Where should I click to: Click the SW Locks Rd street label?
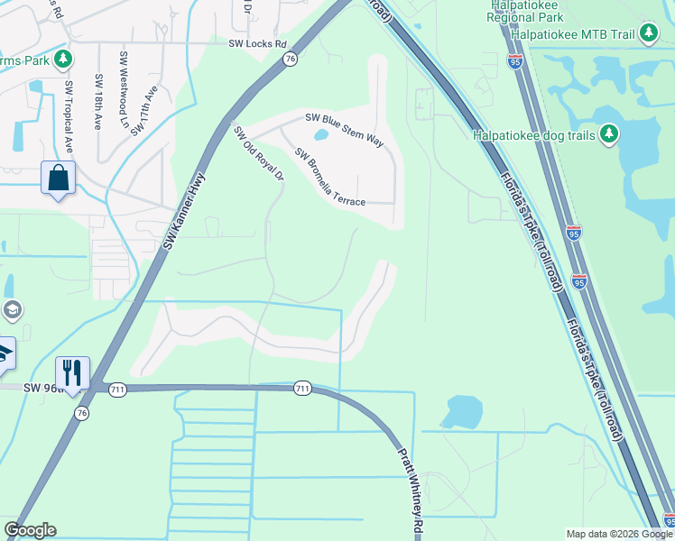[x=257, y=43]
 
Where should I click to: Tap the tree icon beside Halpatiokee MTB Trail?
[x=648, y=34]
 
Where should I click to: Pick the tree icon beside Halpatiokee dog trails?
[x=610, y=134]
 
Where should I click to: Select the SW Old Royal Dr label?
[x=259, y=153]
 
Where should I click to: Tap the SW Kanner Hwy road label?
[x=181, y=212]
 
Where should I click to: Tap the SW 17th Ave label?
[x=143, y=110]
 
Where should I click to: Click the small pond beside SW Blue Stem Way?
[x=320, y=137]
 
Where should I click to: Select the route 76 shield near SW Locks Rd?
[x=289, y=59]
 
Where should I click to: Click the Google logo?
[x=30, y=531]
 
